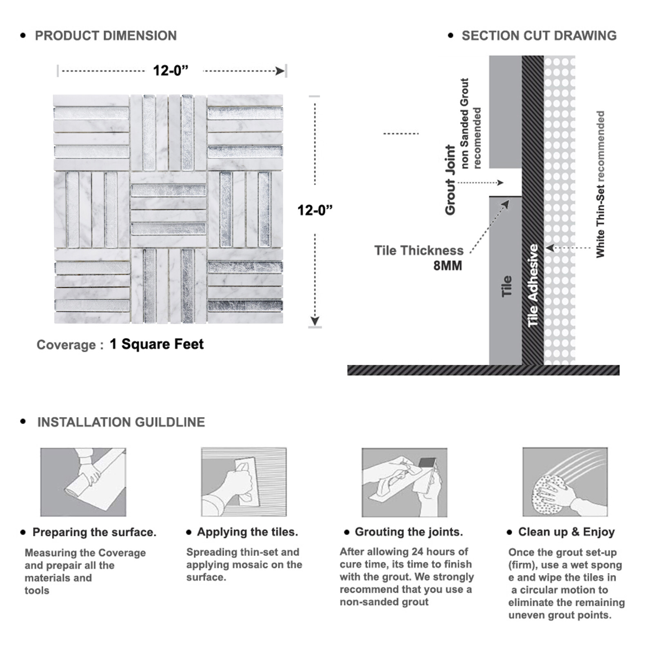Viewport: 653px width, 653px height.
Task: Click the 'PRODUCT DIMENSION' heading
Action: [x=106, y=36]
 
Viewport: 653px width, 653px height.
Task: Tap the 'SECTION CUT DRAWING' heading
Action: [x=539, y=36]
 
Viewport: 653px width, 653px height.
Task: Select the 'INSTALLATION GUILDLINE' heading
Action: [x=121, y=422]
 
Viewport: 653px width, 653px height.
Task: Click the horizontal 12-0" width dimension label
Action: [x=171, y=71]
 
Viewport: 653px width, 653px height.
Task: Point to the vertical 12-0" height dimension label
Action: [x=315, y=210]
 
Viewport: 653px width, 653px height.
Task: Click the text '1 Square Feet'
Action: [x=157, y=344]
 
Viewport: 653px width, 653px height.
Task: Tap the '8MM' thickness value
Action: [x=448, y=266]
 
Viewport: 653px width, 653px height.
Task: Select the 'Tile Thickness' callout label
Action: [x=419, y=251]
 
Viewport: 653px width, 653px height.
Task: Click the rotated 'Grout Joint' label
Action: [x=450, y=180]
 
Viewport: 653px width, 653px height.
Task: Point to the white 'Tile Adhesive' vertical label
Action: [x=533, y=285]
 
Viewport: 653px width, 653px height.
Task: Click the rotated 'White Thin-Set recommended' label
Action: [x=600, y=184]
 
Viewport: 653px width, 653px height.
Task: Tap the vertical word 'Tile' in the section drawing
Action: [x=506, y=286]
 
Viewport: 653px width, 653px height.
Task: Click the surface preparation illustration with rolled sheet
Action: [x=83, y=482]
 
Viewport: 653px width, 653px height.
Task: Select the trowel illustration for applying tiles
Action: [x=244, y=482]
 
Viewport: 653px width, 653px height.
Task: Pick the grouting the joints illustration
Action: [x=404, y=482]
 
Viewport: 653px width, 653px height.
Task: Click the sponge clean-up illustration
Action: [x=565, y=482]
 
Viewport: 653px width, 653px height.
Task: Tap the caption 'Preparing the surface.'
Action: [x=94, y=532]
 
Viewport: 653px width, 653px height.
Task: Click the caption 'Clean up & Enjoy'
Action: [x=566, y=532]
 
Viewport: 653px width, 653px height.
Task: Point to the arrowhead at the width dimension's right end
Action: [x=280, y=71]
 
